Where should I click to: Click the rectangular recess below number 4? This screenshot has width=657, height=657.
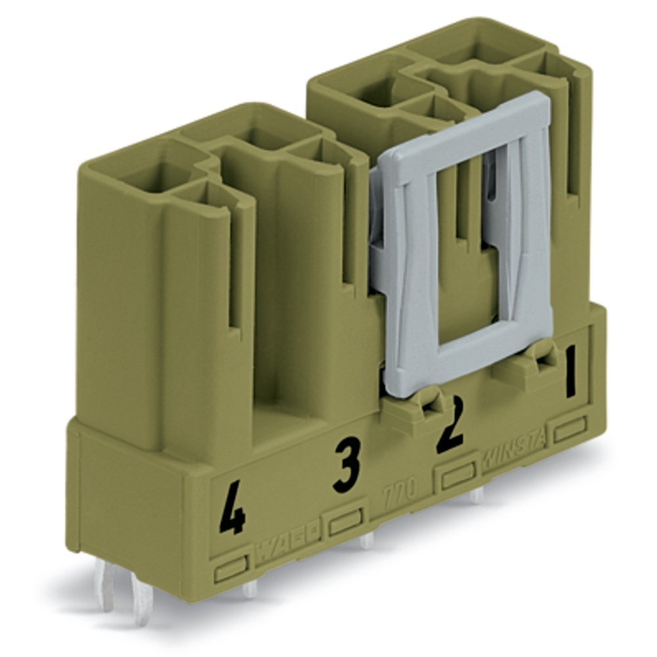[x=230, y=569]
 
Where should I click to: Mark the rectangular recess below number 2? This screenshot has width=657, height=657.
[x=458, y=476]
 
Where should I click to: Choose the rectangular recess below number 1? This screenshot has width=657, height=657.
[x=570, y=430]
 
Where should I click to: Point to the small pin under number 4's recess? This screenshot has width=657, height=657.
[x=250, y=589]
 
